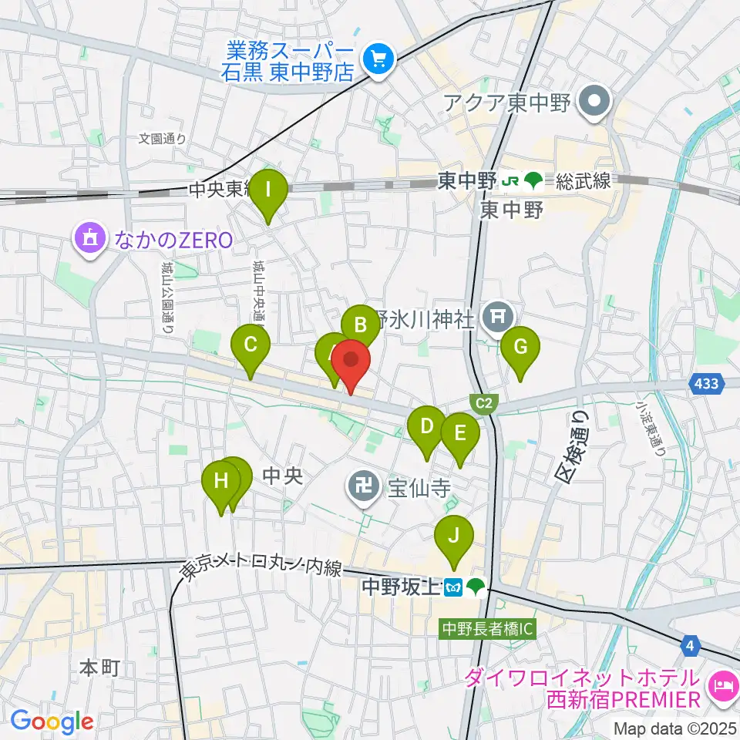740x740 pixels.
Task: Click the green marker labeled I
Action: pos(267,190)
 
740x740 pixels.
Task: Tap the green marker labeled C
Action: pos(251,345)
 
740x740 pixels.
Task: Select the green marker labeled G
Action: pos(520,347)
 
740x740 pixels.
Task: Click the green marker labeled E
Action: pos(459,434)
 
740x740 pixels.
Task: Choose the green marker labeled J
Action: pos(454,535)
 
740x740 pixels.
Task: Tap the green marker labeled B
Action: pos(360,324)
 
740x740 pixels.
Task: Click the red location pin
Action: pos(351,361)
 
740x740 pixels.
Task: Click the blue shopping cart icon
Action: pos(378,59)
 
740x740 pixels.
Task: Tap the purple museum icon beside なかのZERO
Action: pos(91,239)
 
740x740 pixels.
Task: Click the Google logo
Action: pos(52,721)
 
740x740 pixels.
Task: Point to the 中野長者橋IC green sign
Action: pos(487,628)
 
